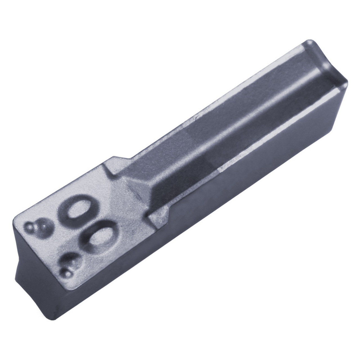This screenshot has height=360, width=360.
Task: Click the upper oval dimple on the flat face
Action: tap(75, 210)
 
